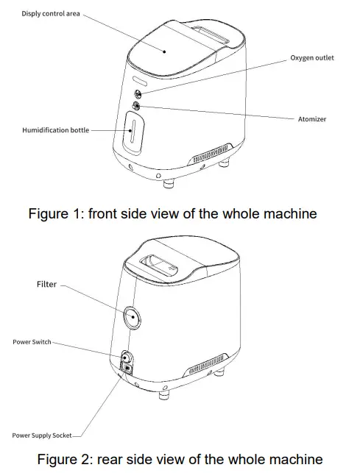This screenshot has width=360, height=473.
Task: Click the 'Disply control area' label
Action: (x=52, y=14)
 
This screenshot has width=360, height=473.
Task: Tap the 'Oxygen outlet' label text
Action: (x=311, y=58)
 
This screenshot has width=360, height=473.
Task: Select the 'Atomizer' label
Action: (x=313, y=118)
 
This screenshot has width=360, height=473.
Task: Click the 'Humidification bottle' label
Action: (x=55, y=130)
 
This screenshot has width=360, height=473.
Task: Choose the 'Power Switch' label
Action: (x=32, y=342)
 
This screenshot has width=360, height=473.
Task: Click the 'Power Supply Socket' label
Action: (x=42, y=435)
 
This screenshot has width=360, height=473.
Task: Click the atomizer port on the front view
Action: (x=136, y=107)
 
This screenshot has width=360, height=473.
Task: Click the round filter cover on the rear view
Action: (x=133, y=316)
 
